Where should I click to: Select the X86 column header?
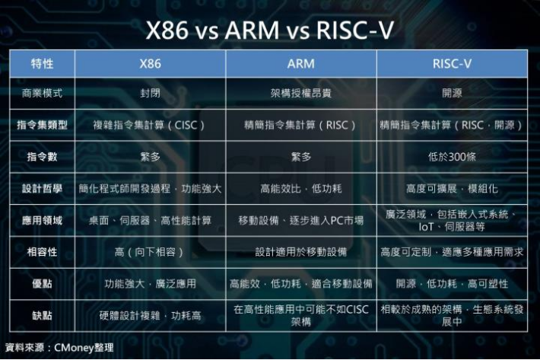pyautogui.click(x=150, y=64)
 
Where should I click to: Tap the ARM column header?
pyautogui.click(x=300, y=64)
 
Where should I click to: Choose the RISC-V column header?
pyautogui.click(x=452, y=64)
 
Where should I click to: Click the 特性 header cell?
pyautogui.click(x=42, y=64)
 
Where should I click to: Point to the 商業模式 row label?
pyautogui.click(x=42, y=94)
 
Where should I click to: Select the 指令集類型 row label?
pyautogui.click(x=42, y=124)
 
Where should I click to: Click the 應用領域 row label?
pyautogui.click(x=42, y=221)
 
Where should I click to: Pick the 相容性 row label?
pyautogui.click(x=42, y=251)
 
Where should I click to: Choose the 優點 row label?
pyautogui.click(x=42, y=283)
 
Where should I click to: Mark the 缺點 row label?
pyautogui.click(x=42, y=315)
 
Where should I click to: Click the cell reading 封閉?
pyautogui.click(x=150, y=94)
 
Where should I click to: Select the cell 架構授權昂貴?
pyautogui.click(x=300, y=94)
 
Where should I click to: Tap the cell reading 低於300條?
pyautogui.click(x=452, y=157)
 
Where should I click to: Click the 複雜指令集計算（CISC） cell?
pyautogui.click(x=150, y=124)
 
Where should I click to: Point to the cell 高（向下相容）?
pyautogui.click(x=150, y=251)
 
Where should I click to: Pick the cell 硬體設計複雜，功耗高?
pyautogui.click(x=150, y=315)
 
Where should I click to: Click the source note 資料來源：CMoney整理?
pyautogui.click(x=59, y=348)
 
